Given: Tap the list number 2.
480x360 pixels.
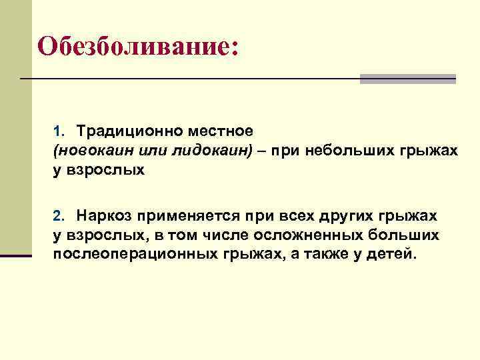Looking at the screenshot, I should point(57,216).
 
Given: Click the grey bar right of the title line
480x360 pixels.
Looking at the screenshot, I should point(408,79).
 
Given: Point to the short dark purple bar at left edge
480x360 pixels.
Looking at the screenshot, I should point(16,255).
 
